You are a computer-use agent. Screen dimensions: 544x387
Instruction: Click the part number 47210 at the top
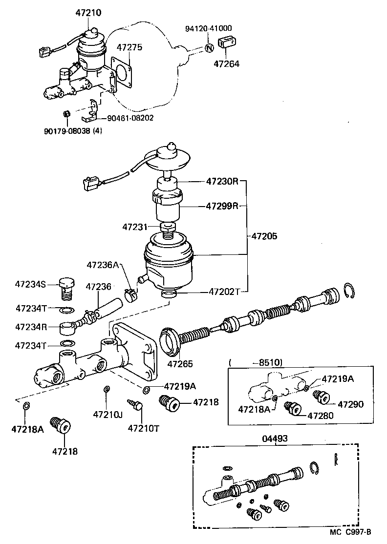click(x=88, y=13)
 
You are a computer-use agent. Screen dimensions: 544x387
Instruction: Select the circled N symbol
click(x=208, y=48)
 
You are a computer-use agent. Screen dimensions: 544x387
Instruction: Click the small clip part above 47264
click(x=226, y=42)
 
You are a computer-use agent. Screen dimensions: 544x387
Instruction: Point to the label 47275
click(x=129, y=47)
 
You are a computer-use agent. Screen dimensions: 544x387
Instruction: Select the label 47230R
click(x=221, y=182)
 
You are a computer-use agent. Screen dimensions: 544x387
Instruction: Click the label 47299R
click(x=221, y=206)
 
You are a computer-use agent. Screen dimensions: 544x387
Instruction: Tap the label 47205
click(x=264, y=236)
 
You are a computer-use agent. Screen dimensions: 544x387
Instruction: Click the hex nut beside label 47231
click(x=168, y=228)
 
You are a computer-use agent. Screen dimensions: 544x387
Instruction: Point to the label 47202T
click(x=224, y=292)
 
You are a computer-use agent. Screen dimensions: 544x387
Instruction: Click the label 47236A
click(x=103, y=265)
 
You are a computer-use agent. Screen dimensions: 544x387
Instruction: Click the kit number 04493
click(x=275, y=439)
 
